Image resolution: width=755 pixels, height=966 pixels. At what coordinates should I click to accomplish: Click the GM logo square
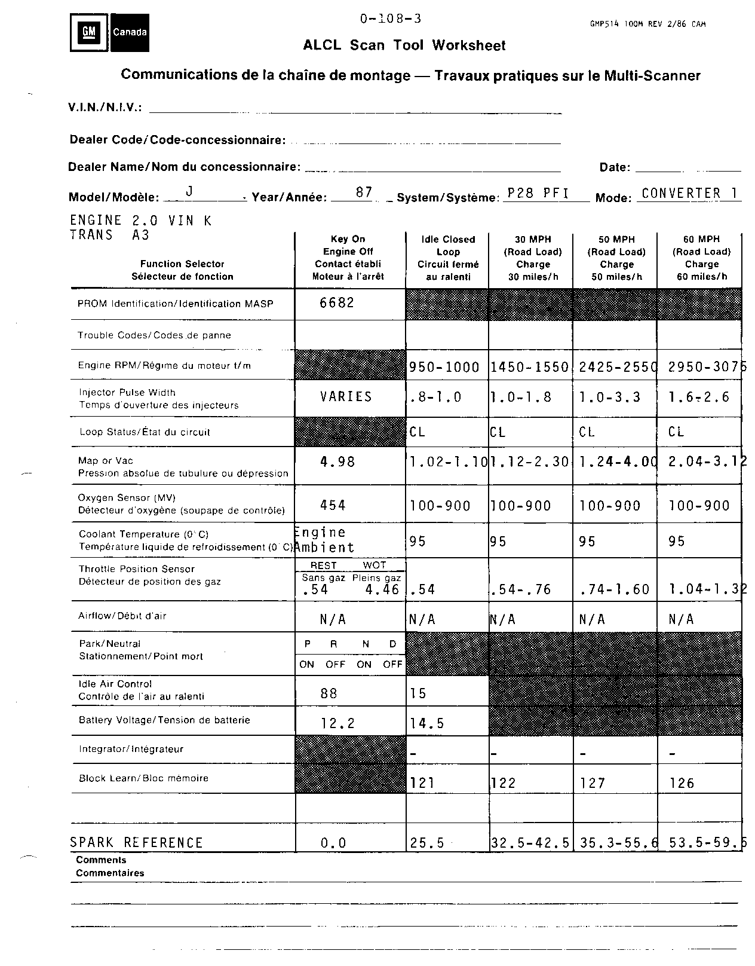90,32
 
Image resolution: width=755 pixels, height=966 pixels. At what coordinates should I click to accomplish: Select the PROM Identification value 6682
337,303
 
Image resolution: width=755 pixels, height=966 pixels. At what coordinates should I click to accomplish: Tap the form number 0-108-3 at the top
391,19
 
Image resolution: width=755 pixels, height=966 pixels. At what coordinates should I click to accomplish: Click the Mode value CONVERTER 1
690,193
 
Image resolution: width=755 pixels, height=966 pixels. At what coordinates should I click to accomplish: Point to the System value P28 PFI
538,193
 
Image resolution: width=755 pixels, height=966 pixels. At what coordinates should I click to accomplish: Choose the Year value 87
364,192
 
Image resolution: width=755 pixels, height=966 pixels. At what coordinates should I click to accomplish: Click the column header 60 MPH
701,239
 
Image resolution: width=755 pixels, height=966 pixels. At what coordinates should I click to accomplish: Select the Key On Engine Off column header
348,258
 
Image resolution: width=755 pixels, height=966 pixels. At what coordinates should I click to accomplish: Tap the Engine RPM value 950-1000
444,368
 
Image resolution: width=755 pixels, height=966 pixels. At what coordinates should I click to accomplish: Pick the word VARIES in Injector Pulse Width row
346,397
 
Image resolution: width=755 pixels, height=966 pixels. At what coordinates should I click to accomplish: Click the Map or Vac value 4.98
337,461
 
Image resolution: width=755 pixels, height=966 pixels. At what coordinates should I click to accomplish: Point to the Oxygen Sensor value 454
333,506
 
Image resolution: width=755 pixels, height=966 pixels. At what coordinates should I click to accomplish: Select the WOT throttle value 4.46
382,590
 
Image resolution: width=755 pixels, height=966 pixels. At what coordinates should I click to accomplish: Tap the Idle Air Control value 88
329,693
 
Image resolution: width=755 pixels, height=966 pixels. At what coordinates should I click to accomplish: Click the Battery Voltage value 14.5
427,724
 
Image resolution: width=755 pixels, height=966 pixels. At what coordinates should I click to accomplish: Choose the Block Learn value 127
593,783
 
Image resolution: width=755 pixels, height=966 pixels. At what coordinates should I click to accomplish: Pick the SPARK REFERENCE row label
137,843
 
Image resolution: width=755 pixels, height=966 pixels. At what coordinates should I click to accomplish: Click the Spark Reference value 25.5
427,843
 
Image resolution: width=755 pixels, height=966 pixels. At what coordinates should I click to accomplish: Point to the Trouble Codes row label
154,335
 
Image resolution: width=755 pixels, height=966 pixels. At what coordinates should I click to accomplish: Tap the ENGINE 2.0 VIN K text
141,221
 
